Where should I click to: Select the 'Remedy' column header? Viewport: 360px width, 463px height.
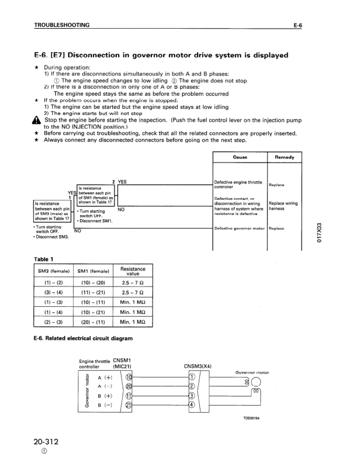tap(283, 158)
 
